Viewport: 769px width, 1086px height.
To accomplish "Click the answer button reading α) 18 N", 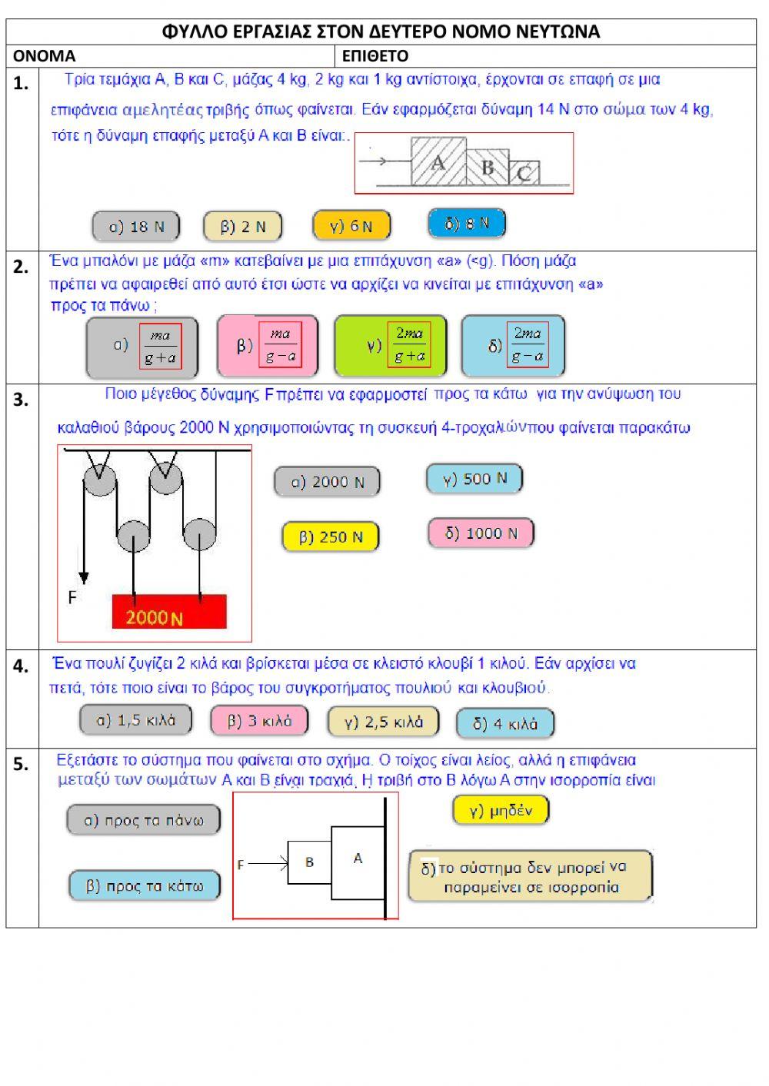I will click(x=136, y=227).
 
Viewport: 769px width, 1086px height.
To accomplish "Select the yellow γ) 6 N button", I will click(x=351, y=226).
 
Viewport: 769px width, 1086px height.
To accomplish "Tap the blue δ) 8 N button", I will click(x=467, y=224).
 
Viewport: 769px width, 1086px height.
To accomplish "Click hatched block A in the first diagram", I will click(x=438, y=162).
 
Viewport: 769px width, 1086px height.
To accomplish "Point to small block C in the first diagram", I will click(x=524, y=173).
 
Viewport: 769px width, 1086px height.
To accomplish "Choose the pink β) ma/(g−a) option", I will click(x=267, y=346).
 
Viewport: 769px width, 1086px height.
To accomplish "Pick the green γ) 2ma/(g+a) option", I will click(x=390, y=345).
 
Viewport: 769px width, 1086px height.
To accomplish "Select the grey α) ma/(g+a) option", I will click(x=142, y=347).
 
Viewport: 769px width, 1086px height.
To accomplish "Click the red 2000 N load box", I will click(x=169, y=612).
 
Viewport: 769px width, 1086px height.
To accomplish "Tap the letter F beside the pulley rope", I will click(x=72, y=597).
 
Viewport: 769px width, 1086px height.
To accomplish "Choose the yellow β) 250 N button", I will click(x=331, y=536).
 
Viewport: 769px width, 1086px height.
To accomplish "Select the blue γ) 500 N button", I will click(x=474, y=479).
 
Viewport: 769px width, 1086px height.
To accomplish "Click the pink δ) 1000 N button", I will click(x=481, y=533).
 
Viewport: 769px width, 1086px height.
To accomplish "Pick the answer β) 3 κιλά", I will click(x=259, y=721).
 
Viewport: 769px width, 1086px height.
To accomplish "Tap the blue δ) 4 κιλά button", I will click(x=504, y=723).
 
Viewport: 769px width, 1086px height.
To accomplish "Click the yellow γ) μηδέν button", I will click(x=501, y=810).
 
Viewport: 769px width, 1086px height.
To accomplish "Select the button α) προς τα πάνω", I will click(x=144, y=820).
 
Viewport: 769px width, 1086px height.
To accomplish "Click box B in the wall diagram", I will click(x=309, y=862).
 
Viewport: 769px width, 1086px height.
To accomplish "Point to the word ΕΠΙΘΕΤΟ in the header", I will click(x=375, y=56).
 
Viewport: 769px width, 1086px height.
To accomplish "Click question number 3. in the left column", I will click(x=22, y=400).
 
